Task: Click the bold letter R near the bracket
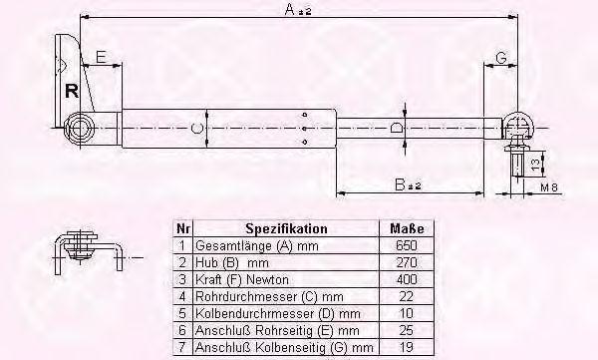coord(72,91)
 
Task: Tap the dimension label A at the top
coord(290,10)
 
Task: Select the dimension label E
coord(101,57)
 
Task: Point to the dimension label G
coord(501,58)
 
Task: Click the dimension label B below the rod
coord(400,185)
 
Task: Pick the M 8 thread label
coord(549,187)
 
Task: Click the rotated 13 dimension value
coord(535,165)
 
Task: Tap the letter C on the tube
coord(196,129)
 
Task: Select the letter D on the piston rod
coord(397,128)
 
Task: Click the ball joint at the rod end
coord(518,125)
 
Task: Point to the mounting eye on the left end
coord(80,129)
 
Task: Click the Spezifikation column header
coord(286,228)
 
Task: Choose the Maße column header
coord(407,228)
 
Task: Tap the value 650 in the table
coord(407,245)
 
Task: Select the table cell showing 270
coord(407,262)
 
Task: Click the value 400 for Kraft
coord(407,279)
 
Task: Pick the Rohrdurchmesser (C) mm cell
coord(269,296)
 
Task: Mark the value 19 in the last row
coord(407,347)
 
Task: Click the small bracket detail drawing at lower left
coord(88,252)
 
